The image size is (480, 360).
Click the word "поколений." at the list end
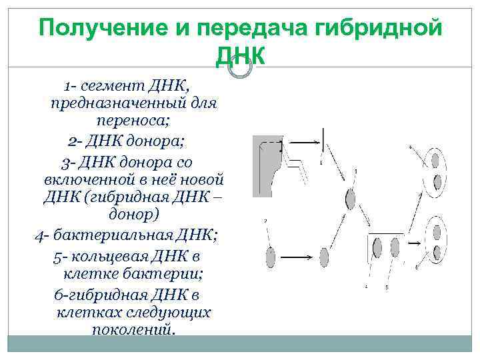134,329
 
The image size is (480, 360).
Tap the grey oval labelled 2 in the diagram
271,257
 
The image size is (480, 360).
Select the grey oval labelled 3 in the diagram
351,198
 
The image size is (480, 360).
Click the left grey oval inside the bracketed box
378,248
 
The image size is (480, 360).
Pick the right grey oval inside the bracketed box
396,247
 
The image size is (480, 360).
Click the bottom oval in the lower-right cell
438,253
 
